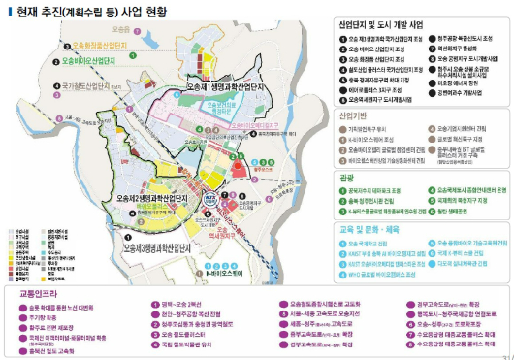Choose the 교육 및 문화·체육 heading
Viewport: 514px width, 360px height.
(x=372, y=228)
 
